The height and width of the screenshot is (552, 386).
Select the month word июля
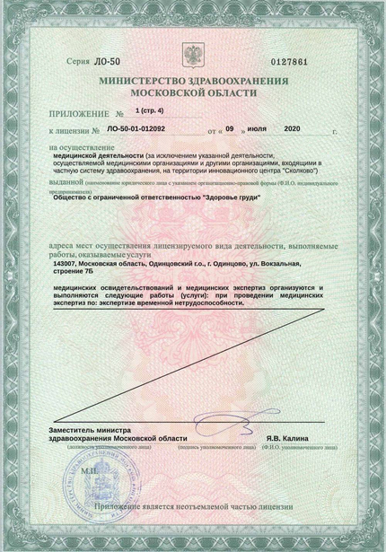tap(254, 130)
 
